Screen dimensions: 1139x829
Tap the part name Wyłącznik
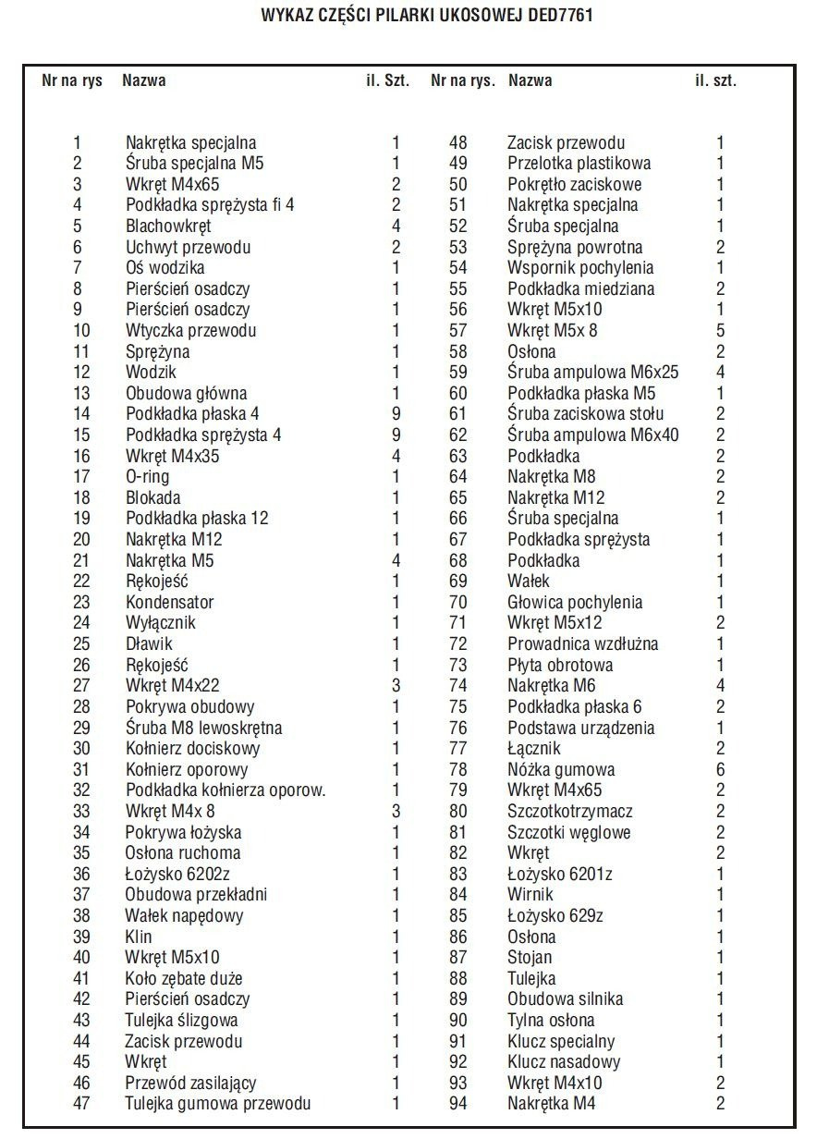(161, 623)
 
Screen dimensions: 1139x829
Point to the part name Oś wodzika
(165, 268)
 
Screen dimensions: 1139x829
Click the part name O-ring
(148, 477)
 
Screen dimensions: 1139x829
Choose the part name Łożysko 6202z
(177, 874)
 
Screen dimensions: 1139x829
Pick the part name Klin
(139, 937)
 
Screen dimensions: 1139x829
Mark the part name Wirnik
(530, 895)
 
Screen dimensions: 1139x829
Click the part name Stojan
(530, 958)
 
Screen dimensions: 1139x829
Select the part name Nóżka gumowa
(561, 769)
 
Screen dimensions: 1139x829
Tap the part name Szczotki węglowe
(568, 832)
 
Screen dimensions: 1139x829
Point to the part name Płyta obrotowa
(560, 665)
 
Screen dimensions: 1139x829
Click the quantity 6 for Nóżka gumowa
(720, 769)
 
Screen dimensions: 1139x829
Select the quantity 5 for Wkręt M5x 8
(720, 330)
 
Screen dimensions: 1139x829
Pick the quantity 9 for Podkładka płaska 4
(396, 414)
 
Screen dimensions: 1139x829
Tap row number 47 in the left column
(81, 1103)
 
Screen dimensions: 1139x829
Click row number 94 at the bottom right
(458, 1103)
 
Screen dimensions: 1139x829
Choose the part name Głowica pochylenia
(575, 602)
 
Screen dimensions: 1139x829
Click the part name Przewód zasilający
(190, 1083)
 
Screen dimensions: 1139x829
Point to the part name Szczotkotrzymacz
(570, 811)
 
